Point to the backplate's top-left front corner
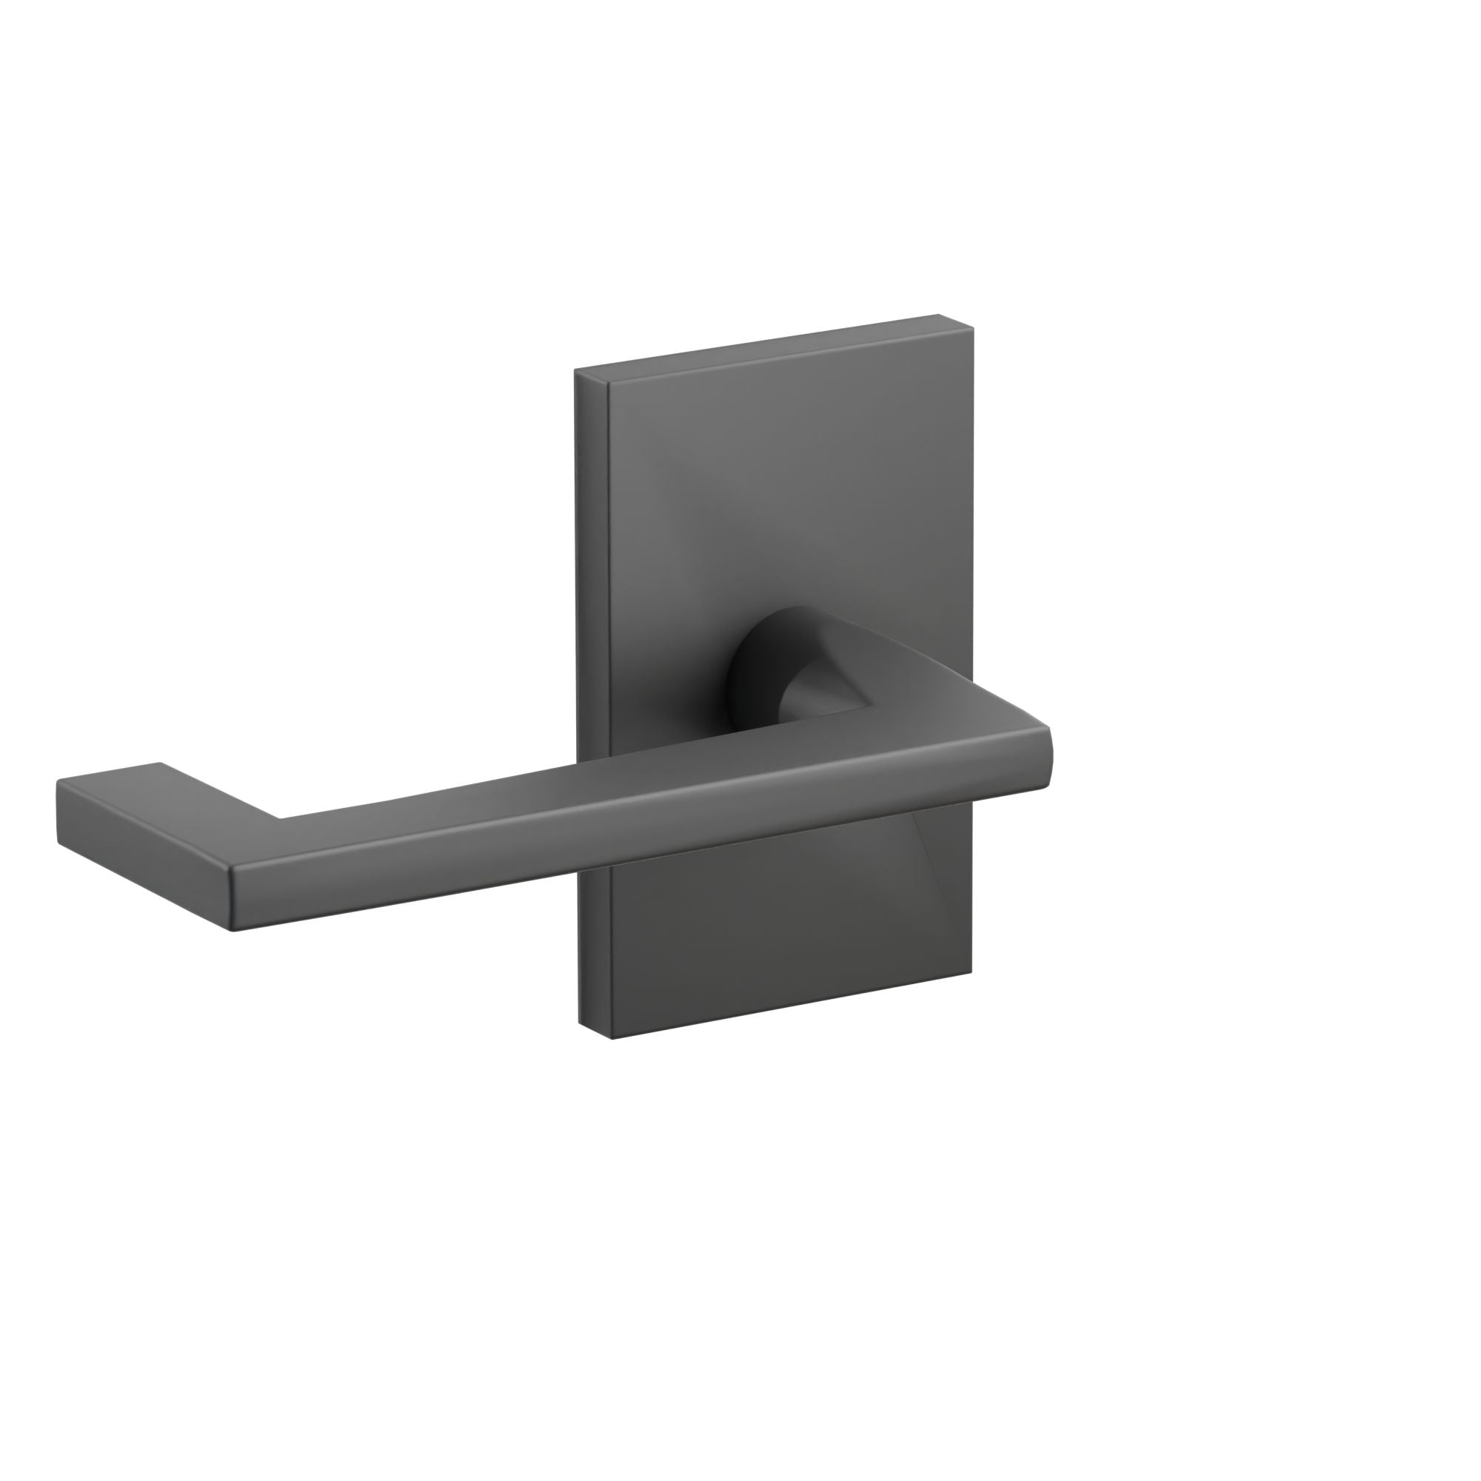click(609, 384)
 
